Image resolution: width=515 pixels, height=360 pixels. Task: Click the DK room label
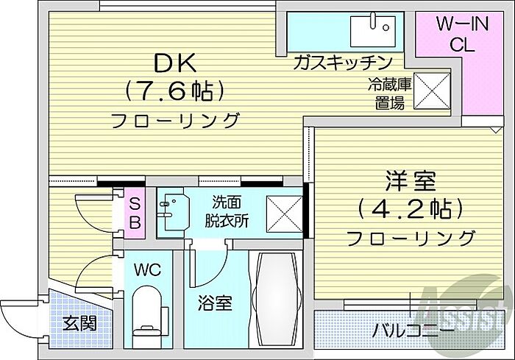175,63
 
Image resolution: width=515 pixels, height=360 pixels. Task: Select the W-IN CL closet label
463,34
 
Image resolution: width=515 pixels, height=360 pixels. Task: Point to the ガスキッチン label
343,63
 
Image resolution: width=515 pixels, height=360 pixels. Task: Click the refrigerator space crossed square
432,91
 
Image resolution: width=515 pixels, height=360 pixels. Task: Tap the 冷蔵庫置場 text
389,93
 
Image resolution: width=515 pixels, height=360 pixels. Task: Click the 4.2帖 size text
411,209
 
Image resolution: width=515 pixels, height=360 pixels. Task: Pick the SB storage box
135,213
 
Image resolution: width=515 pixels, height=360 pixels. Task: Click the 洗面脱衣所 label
227,211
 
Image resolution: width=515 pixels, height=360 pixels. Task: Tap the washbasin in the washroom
173,212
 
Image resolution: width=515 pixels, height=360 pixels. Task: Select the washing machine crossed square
284,214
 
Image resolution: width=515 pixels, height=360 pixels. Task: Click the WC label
147,270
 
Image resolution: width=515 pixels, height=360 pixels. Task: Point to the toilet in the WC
148,317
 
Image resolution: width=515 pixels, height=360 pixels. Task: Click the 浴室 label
215,303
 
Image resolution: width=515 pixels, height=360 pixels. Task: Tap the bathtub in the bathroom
276,298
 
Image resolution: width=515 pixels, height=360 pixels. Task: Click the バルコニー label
413,330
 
